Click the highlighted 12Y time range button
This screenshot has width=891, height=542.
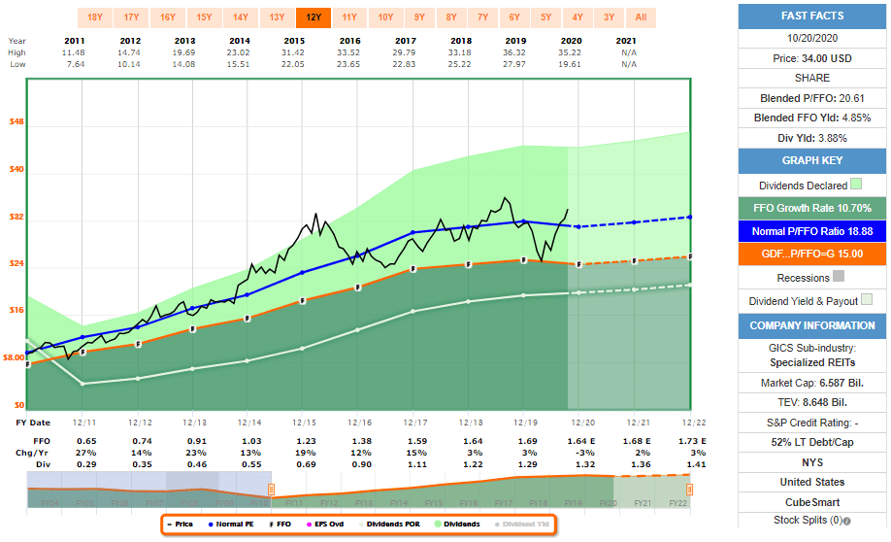[313, 17]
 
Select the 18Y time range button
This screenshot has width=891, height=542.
[95, 17]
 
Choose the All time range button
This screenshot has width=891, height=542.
[641, 17]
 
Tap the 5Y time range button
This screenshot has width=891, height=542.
[546, 17]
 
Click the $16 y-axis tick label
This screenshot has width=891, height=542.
[16, 311]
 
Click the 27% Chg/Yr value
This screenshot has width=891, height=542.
[86, 454]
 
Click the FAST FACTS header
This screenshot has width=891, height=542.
[812, 16]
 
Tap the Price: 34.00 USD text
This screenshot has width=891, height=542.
[812, 59]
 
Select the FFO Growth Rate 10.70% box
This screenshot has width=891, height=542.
[812, 208]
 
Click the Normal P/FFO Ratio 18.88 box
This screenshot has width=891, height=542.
[812, 232]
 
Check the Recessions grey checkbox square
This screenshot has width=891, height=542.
[840, 277]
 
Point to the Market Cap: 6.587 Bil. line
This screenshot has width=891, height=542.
[812, 383]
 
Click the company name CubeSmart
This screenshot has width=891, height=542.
[812, 501]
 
